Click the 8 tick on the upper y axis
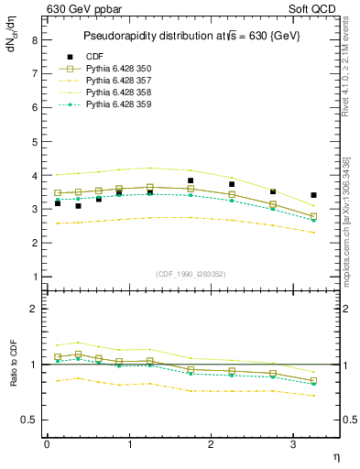point(33,39)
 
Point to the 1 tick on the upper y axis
point(33,277)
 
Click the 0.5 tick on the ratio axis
point(29,420)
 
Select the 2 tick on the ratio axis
point(33,309)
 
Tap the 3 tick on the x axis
point(293,444)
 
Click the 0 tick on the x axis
point(47,444)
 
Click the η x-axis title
point(334,456)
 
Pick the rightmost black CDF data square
point(314,195)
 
